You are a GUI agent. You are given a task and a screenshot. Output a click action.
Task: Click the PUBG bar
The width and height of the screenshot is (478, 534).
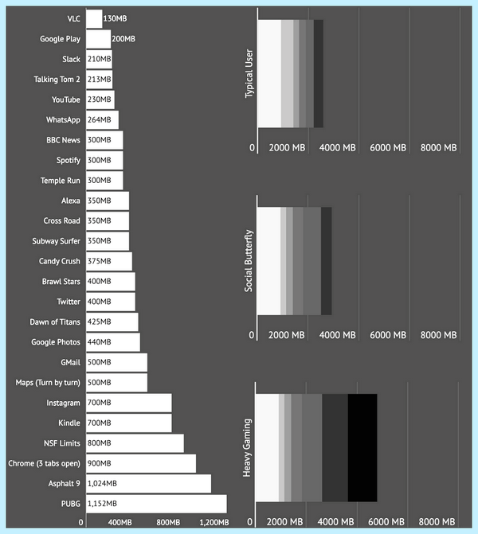[156, 504]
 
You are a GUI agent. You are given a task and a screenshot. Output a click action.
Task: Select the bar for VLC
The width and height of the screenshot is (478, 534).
[94, 19]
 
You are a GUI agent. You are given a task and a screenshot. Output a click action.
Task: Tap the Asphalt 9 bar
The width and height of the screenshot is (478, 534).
[149, 484]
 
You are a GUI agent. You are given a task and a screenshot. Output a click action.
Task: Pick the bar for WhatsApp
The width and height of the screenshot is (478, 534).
[102, 120]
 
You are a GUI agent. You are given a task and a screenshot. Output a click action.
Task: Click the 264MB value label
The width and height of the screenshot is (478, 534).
[100, 120]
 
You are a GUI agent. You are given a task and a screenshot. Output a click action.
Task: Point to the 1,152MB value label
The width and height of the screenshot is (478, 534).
[102, 504]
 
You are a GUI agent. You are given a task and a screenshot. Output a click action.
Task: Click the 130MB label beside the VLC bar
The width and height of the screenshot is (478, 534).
[115, 19]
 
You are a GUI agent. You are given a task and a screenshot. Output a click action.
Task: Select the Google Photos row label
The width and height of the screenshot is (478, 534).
[56, 342]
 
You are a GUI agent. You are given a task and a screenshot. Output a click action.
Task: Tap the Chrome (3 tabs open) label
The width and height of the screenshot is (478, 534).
[45, 463]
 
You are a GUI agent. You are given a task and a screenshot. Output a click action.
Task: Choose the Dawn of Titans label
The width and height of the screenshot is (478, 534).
[55, 322]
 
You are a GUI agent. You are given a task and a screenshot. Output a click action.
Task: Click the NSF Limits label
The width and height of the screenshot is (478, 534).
[62, 443]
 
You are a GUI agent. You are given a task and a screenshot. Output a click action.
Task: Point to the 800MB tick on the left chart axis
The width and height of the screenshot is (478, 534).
[168, 522]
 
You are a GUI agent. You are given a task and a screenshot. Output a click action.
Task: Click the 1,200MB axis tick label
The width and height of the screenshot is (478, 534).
[214, 522]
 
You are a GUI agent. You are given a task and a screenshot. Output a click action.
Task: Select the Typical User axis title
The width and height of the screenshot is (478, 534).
[249, 73]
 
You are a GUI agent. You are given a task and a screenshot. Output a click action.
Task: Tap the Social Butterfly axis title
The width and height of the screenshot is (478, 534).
[249, 261]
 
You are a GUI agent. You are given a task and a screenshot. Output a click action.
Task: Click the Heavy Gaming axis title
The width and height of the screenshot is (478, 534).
[247, 448]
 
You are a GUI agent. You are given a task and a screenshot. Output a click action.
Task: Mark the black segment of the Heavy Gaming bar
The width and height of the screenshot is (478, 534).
[362, 448]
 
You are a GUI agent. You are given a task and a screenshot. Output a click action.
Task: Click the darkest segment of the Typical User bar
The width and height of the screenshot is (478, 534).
[319, 73]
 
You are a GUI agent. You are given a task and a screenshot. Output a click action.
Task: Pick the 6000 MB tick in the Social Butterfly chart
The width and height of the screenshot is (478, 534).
[388, 335]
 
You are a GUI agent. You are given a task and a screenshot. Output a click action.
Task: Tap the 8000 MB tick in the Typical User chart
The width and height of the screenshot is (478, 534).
[438, 148]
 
